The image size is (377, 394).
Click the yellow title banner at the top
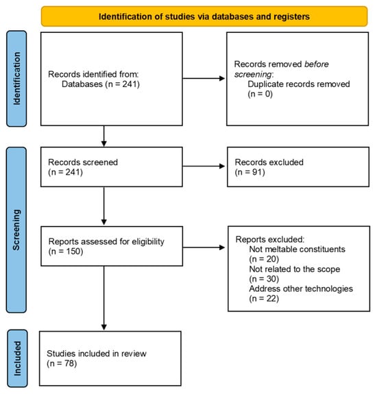pos(204,16)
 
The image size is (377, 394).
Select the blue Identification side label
pos(16,79)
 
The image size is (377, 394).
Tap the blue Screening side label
pos(16,230)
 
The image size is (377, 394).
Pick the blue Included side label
pos(17,358)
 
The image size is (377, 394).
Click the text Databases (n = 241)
pos(101,84)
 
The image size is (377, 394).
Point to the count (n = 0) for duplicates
pos(260,94)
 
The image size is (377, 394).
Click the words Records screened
pos(83,162)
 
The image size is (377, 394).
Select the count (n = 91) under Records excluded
pos(250,172)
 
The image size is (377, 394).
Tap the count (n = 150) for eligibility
pos(66,251)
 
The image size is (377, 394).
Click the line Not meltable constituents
pos(297,249)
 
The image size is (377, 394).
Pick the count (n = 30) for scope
pos(264,279)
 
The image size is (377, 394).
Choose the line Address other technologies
pos(301,288)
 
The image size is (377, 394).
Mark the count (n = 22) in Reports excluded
pos(264,299)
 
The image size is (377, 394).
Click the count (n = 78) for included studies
pos(62,363)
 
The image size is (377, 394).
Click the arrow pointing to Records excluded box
pos(204,166)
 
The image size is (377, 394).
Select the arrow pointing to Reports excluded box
pos(204,247)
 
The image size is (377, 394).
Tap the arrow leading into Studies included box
pos(104,298)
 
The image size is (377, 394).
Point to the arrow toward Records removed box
pos(204,78)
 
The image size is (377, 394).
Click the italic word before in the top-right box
pos(317,64)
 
